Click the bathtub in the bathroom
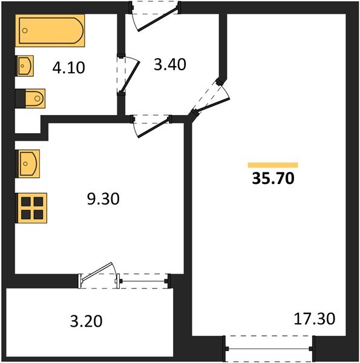pyautogui.click(x=50, y=30)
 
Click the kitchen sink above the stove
pyautogui.click(x=27, y=163)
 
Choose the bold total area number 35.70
pyautogui.click(x=272, y=178)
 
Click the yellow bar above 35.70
pyautogui.click(x=273, y=165)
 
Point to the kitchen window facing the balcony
pyautogui.click(x=143, y=280)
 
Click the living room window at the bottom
pyautogui.click(x=269, y=349)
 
